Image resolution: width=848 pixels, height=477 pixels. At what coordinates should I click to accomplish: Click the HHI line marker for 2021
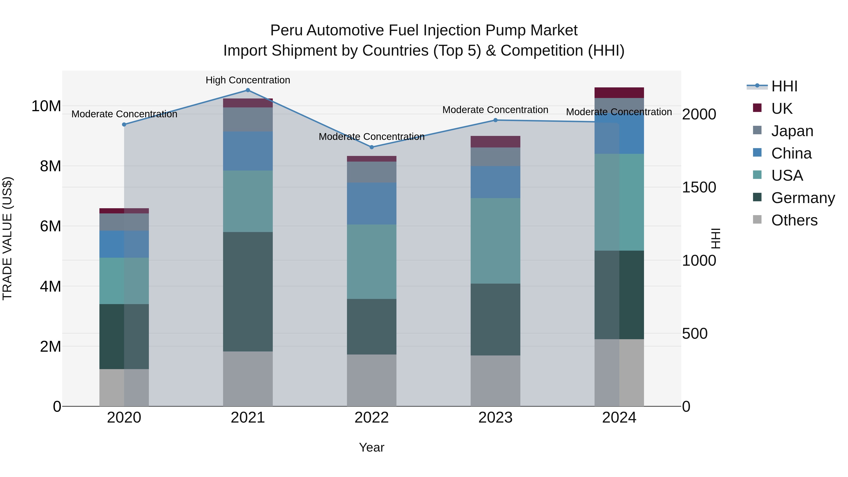[248, 90]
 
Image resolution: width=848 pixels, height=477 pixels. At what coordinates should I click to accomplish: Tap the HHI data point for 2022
[372, 147]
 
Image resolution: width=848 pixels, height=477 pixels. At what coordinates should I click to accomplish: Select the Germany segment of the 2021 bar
[248, 291]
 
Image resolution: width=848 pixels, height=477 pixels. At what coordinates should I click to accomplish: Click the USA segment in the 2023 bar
[495, 241]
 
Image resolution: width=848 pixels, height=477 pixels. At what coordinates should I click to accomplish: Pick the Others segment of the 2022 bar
[372, 380]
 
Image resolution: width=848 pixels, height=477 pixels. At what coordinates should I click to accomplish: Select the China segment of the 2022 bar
[372, 204]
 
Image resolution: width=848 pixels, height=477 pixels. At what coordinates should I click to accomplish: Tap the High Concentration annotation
[248, 80]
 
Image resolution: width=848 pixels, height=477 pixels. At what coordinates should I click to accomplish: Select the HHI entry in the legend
[784, 86]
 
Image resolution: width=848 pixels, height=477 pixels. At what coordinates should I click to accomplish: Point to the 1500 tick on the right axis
[699, 187]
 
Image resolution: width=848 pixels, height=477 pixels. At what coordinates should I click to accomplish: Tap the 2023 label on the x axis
[495, 418]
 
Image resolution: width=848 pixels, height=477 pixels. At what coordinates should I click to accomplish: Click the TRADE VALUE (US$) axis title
[7, 238]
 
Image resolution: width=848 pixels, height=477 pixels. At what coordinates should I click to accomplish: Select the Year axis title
[372, 447]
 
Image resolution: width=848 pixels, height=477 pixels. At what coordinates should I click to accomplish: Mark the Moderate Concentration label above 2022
[372, 137]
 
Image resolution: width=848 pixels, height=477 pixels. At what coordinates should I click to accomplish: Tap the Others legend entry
[794, 220]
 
